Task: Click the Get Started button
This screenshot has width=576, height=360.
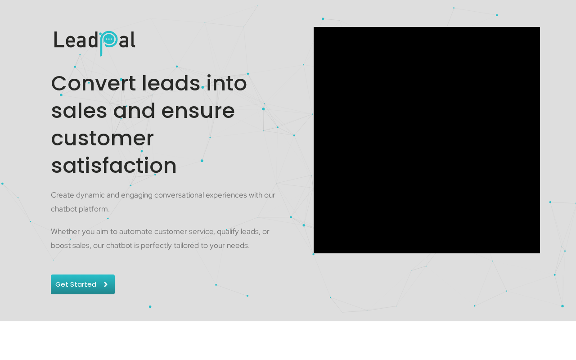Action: [x=82, y=284]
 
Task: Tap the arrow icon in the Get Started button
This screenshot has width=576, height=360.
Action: [x=106, y=284]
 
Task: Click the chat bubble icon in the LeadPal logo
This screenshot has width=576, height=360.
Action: [x=109, y=39]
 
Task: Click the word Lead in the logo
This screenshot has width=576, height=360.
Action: [x=76, y=40]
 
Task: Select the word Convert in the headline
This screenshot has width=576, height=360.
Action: [x=93, y=83]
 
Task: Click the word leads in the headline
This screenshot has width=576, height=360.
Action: [x=171, y=83]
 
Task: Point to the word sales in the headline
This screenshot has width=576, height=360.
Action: [x=79, y=111]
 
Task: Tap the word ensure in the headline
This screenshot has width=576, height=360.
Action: [x=198, y=111]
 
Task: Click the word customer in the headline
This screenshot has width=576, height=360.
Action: [x=102, y=139]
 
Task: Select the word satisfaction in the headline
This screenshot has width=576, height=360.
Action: [x=114, y=166]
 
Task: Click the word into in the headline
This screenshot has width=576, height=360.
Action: [x=226, y=83]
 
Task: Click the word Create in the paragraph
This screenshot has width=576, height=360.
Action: [x=63, y=195]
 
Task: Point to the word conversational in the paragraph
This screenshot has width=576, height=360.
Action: [x=179, y=195]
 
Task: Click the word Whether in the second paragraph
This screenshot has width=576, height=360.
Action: [x=65, y=232]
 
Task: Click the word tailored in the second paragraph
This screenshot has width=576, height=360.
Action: [x=186, y=246]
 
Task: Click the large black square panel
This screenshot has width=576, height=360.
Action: [x=427, y=140]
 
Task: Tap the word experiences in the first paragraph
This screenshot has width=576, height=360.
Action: [x=226, y=195]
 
